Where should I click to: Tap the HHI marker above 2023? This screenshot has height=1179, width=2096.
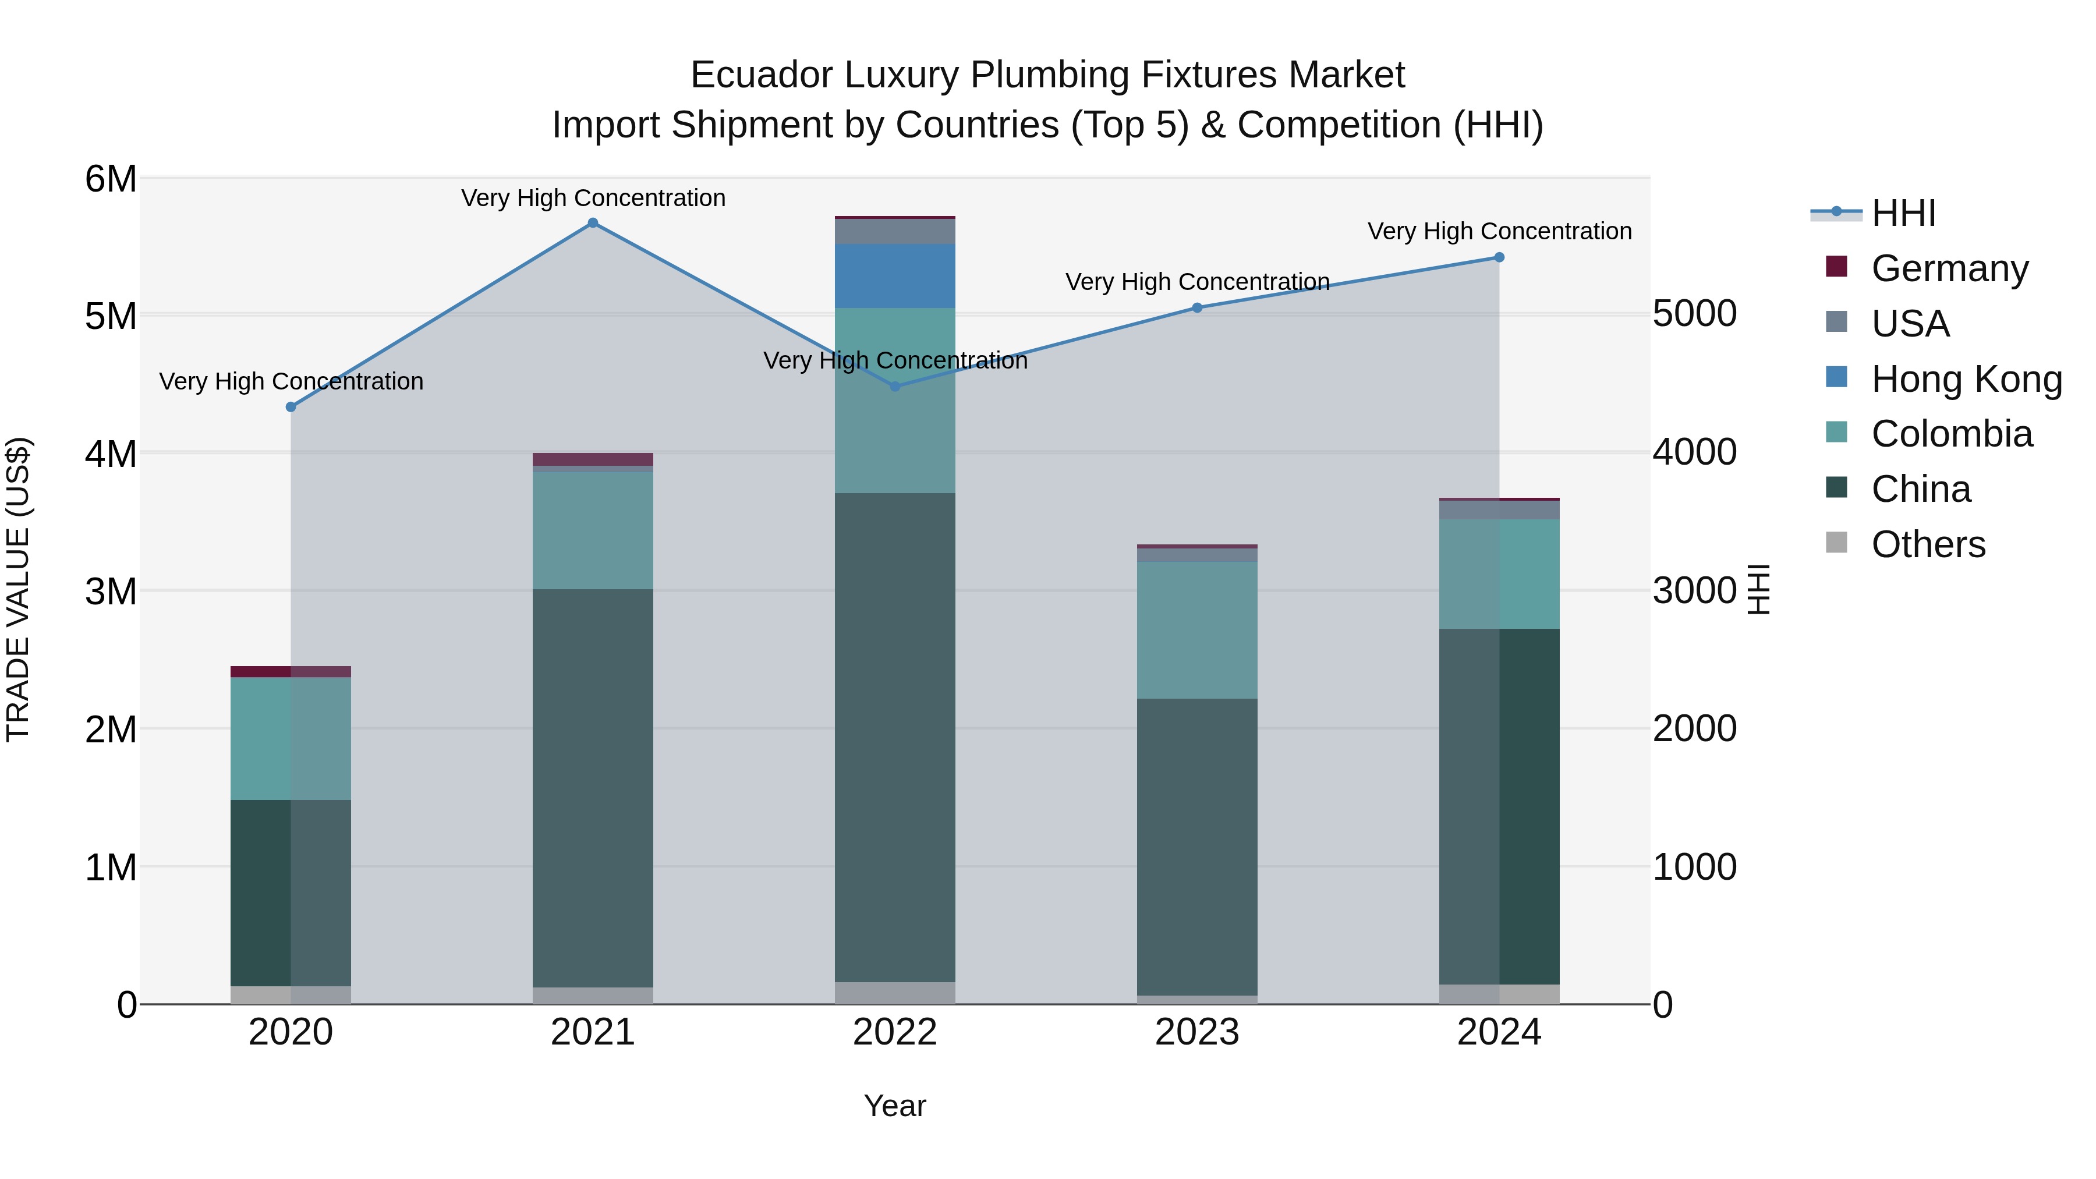pyautogui.click(x=1197, y=307)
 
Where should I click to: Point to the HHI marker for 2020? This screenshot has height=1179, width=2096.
pyautogui.click(x=291, y=407)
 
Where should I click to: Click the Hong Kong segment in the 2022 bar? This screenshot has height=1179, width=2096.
pyautogui.click(x=894, y=276)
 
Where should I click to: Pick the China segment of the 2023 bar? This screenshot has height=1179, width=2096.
pyautogui.click(x=1197, y=846)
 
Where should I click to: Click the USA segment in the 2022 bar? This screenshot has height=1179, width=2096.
pyautogui.click(x=894, y=232)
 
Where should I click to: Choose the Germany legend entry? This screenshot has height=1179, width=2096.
pyautogui.click(x=1949, y=268)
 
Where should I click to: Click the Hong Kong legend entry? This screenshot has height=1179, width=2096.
pyautogui.click(x=1966, y=378)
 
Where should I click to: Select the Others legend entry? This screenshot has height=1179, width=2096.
pyautogui.click(x=1928, y=544)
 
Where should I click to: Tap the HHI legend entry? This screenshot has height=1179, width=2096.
pyautogui.click(x=1902, y=213)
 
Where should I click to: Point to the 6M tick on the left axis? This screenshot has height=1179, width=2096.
pyautogui.click(x=111, y=179)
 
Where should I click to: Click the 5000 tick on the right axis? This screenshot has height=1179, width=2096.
pyautogui.click(x=1695, y=313)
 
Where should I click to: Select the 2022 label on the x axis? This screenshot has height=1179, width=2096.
pyautogui.click(x=894, y=1032)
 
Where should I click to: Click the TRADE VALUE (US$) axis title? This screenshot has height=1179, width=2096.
pyautogui.click(x=18, y=589)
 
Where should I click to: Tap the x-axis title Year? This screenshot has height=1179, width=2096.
pyautogui.click(x=894, y=1106)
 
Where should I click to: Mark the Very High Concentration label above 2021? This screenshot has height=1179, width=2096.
pyautogui.click(x=593, y=198)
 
